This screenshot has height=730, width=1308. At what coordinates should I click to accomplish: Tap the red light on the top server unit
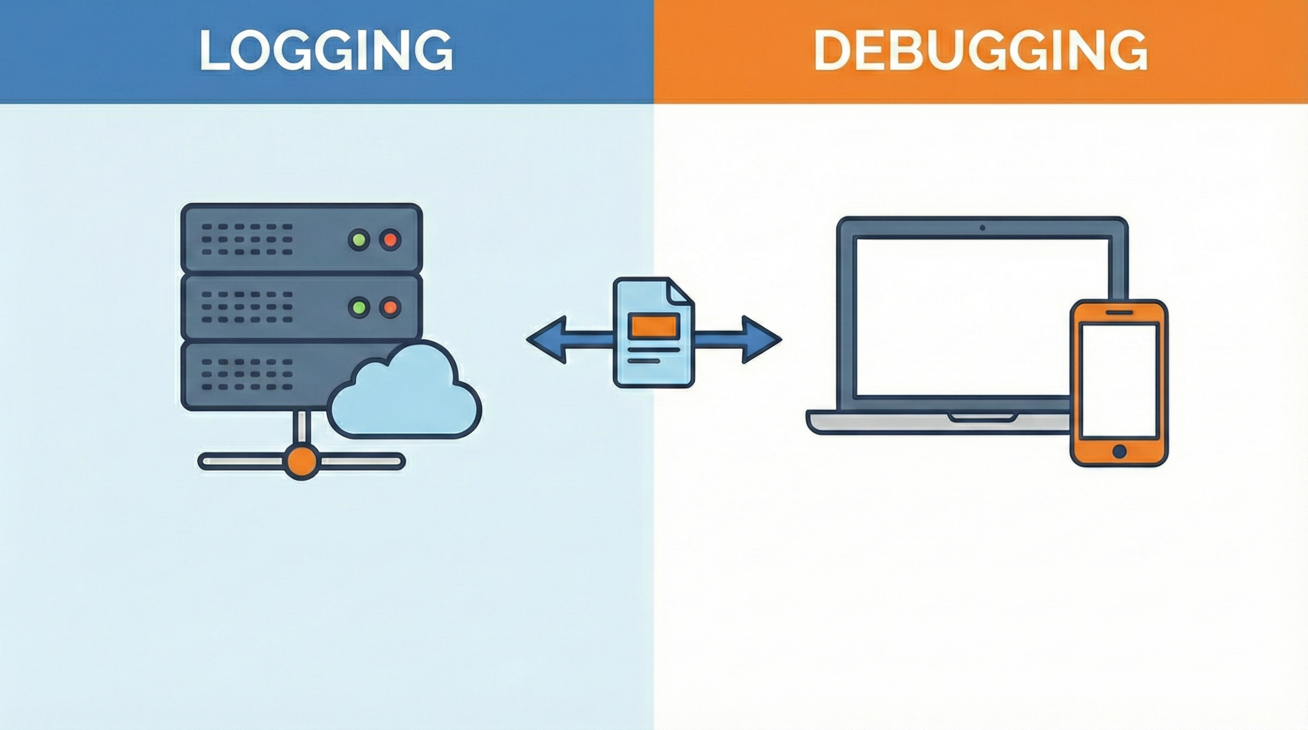[390, 239]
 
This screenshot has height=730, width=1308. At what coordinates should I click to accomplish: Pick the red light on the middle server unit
[390, 307]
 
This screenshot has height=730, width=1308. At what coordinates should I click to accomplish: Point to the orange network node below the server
[301, 461]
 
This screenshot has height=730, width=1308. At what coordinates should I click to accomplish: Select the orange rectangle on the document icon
[654, 325]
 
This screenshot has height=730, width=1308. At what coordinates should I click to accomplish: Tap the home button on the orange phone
[1118, 451]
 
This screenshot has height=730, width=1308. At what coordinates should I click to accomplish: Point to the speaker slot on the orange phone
[1118, 312]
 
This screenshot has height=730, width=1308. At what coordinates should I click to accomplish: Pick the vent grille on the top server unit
[247, 239]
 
